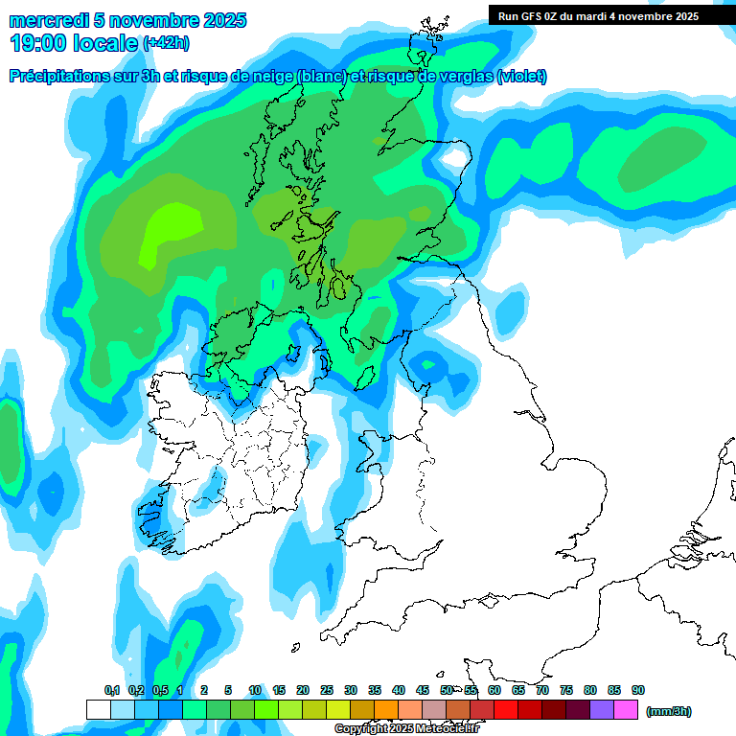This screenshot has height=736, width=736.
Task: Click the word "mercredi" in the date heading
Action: (x=48, y=20)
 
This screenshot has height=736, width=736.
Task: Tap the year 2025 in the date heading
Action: (x=223, y=20)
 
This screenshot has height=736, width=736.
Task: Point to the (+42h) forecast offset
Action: (x=167, y=43)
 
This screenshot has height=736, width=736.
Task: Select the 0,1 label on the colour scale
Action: (x=111, y=690)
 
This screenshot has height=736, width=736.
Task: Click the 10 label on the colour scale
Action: (x=255, y=690)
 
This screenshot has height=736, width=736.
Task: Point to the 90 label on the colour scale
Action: (x=638, y=690)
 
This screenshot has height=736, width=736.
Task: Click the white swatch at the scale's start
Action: (x=98, y=710)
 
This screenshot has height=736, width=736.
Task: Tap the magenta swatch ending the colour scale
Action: (x=626, y=710)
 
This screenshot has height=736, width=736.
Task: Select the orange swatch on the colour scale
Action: (x=385, y=710)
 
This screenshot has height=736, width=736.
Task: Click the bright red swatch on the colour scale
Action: (x=506, y=710)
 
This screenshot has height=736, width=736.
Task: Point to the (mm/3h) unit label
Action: (x=669, y=711)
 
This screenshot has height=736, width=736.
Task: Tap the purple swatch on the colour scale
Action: (x=602, y=710)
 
